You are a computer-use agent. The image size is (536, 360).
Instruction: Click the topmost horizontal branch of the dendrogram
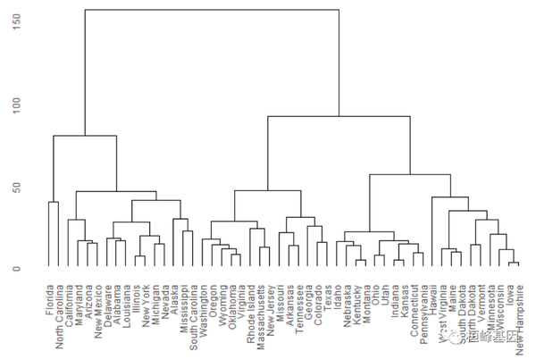212,11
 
